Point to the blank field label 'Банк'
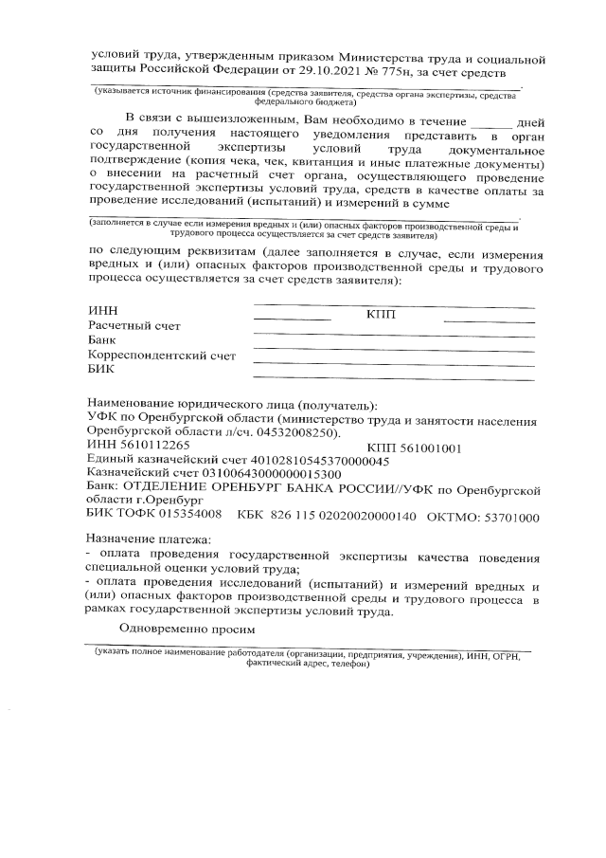tap(101, 340)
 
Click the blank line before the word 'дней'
tap(490, 122)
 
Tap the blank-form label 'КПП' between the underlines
tap(381, 314)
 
